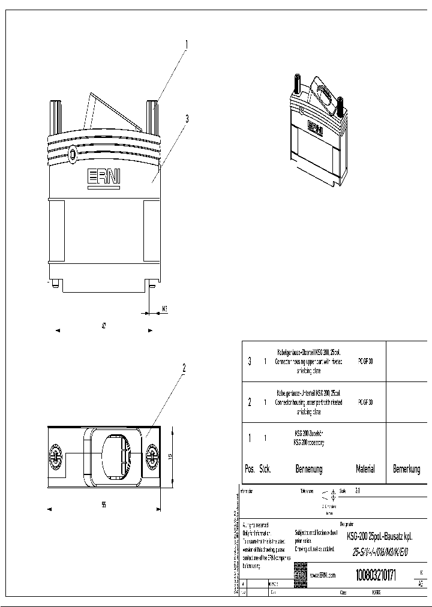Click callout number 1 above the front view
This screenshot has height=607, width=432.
coord(186,44)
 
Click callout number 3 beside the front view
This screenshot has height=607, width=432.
coord(187,119)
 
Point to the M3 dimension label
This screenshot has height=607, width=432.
coord(164,310)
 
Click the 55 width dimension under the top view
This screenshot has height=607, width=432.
coord(104,505)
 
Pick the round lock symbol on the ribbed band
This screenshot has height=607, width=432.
coord(73,154)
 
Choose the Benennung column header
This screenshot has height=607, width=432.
coord(308,469)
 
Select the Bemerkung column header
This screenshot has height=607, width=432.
coord(406,469)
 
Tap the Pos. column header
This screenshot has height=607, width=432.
coord(250,469)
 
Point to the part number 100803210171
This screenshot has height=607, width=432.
coord(376,575)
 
